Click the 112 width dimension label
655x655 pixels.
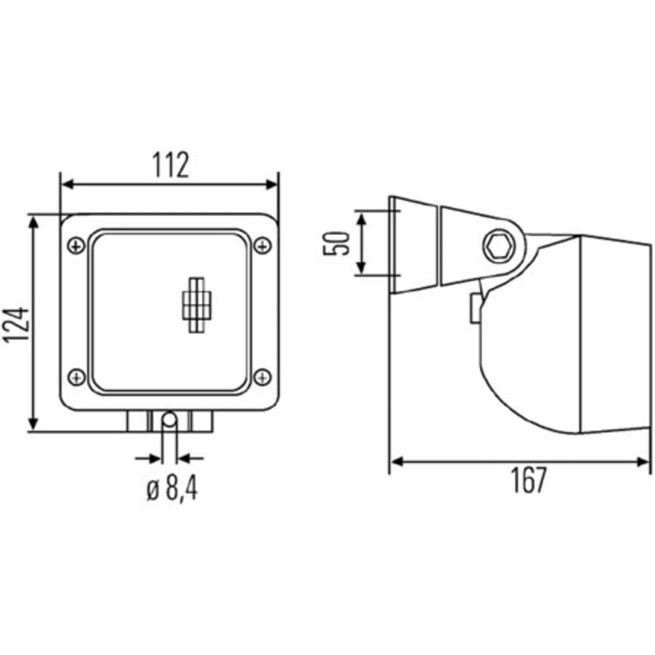click(x=170, y=164)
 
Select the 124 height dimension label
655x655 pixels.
click(x=17, y=326)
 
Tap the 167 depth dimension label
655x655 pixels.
click(x=528, y=479)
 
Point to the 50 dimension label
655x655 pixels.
click(x=336, y=243)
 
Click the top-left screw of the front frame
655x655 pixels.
click(x=76, y=246)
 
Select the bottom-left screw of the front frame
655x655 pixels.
click(x=76, y=377)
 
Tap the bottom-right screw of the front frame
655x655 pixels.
click(x=263, y=377)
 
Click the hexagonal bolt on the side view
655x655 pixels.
click(x=498, y=246)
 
